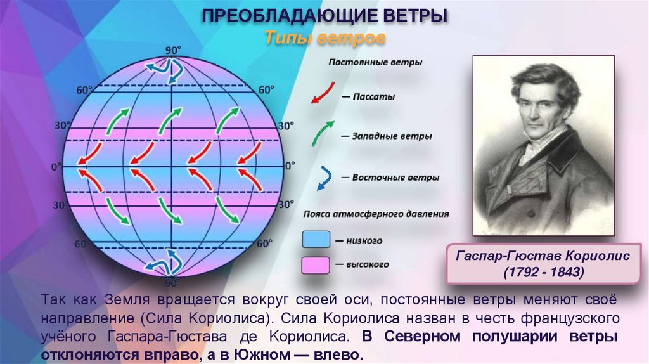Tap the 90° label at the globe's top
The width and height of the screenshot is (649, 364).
[173, 50]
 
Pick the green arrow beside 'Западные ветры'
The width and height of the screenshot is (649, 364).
[323, 131]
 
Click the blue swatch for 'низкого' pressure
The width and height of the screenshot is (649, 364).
[316, 239]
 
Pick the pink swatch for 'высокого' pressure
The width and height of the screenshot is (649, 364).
[316, 264]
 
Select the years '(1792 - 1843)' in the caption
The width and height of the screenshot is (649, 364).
[543, 271]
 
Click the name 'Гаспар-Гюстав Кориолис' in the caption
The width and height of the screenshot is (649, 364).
[543, 256]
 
